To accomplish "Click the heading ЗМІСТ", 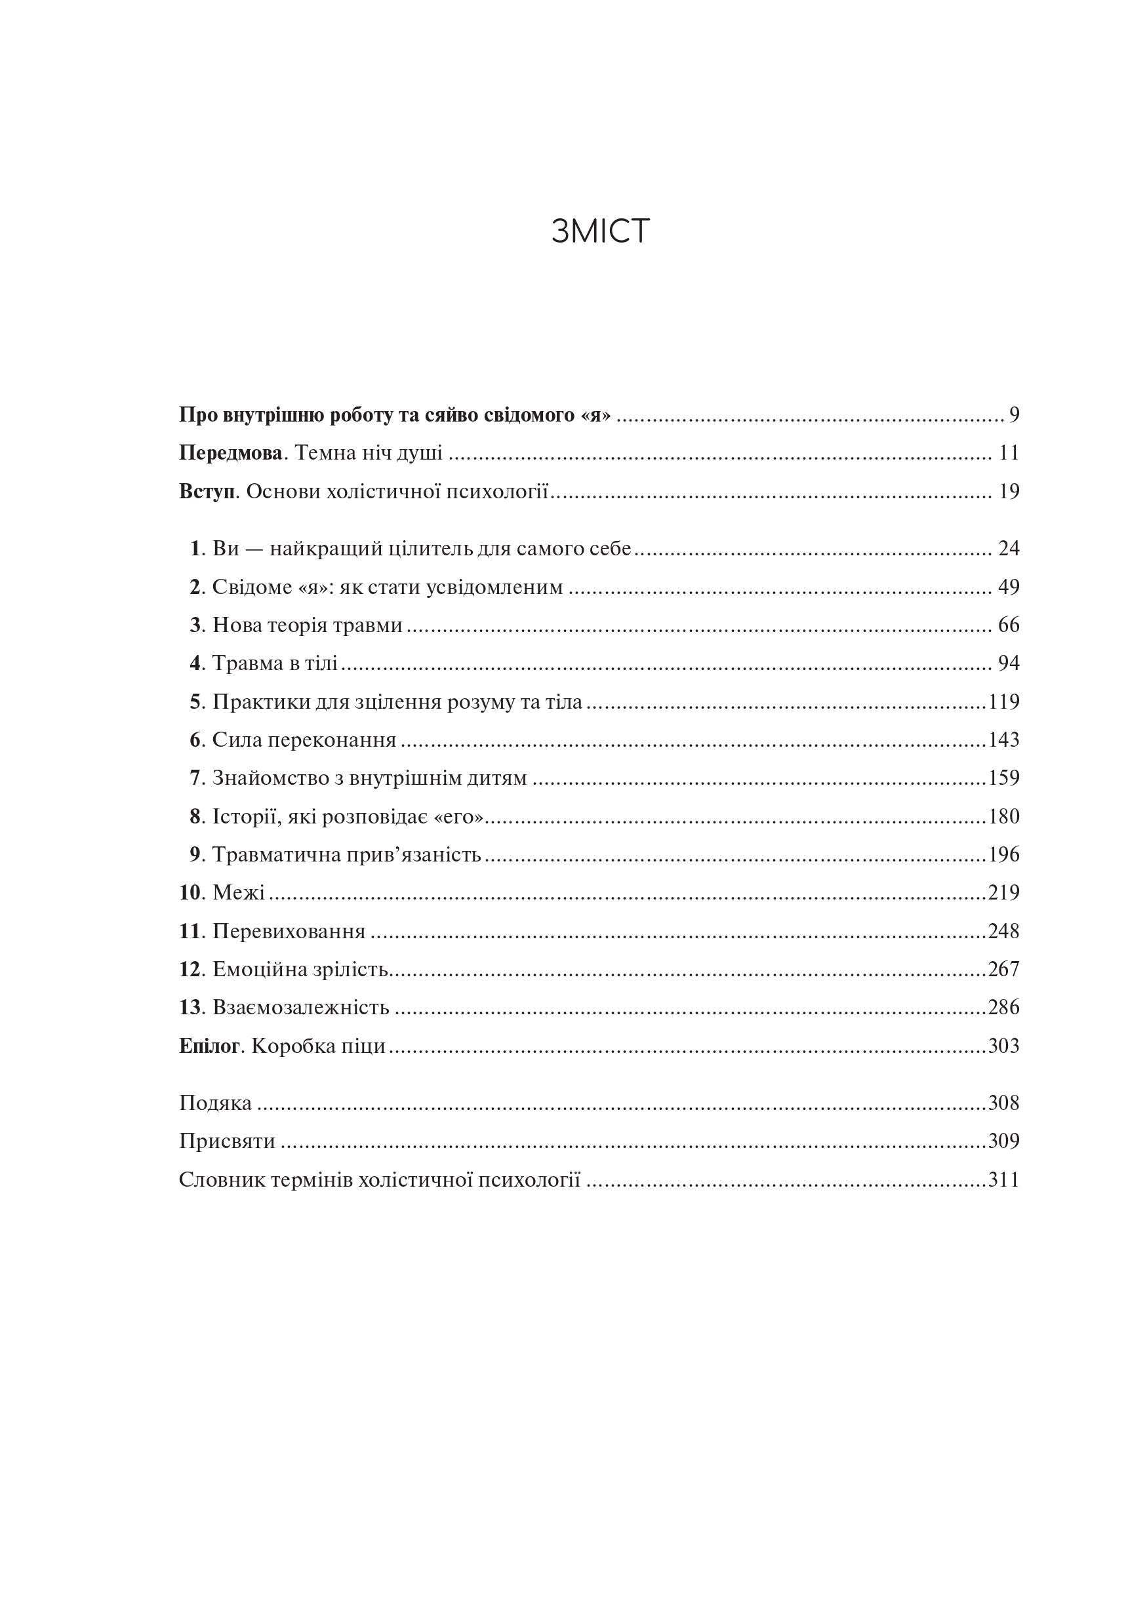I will coord(599,231).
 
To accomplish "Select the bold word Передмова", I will coord(230,452).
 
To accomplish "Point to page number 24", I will coord(1009,548).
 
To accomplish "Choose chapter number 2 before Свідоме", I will coord(195,587).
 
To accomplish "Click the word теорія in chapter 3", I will coord(296,625).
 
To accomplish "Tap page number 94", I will coord(1009,663).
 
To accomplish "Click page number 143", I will coord(1003,740).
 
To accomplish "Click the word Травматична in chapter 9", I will coord(273,855).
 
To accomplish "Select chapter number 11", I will coord(191,932).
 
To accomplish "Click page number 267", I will coord(1003,969).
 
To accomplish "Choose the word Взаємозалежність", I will coord(301,1008).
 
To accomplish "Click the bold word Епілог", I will coord(209,1046).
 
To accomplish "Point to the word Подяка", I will coord(215,1103).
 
